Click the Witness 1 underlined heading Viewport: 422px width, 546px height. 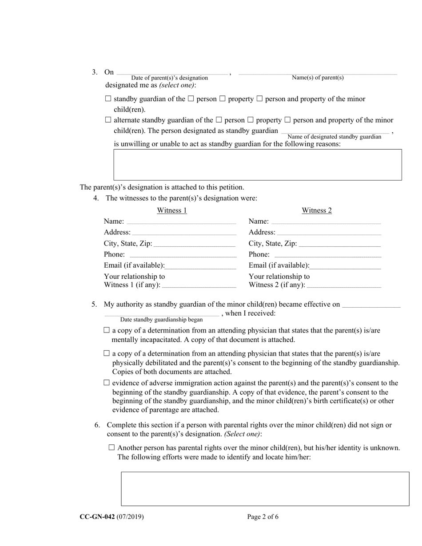point(172,210)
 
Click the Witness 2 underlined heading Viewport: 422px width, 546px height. point(317,210)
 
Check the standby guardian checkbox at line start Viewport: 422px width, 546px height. point(108,99)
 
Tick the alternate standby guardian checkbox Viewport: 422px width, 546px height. point(108,120)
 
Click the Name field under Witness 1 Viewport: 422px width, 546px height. point(181,222)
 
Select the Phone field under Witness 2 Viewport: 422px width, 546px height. point(327,255)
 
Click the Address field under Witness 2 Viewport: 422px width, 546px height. point(329,233)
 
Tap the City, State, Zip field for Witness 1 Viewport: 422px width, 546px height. point(194,244)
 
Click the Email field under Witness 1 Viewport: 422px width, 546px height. point(200,266)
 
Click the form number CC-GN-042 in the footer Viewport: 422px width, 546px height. point(97,517)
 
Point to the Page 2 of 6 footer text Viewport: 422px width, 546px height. point(263,517)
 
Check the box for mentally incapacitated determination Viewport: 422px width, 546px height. point(106,330)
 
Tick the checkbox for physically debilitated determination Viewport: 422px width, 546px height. point(106,353)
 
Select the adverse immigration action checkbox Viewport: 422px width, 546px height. point(106,383)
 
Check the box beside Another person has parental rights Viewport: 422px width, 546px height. point(111,448)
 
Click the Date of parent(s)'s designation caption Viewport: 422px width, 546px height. point(169,78)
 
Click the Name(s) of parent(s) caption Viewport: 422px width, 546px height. point(318,78)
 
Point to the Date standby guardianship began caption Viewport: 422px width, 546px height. point(161,320)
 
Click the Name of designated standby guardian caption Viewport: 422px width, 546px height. point(334,137)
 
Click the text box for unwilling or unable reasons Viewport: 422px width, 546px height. point(258,165)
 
